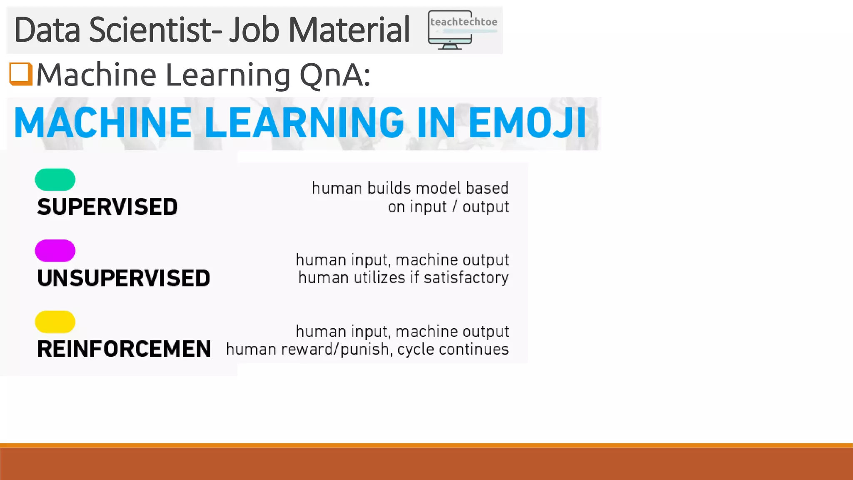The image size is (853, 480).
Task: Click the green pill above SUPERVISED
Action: (x=55, y=180)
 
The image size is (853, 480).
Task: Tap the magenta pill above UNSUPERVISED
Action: (x=55, y=251)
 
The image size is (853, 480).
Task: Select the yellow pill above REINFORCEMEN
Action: (x=55, y=322)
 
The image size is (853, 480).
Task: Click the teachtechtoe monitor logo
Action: (x=462, y=30)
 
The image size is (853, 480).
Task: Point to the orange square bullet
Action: (x=21, y=74)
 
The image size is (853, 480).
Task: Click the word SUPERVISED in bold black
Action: (x=107, y=207)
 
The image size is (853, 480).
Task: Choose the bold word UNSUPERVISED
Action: (x=124, y=278)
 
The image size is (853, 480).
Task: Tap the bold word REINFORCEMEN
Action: (x=124, y=349)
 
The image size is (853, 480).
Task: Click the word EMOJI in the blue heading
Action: (x=527, y=122)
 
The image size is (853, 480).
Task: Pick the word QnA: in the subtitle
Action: (x=335, y=75)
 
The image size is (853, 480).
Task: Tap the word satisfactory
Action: (x=466, y=278)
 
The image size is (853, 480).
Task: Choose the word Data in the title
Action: (x=47, y=30)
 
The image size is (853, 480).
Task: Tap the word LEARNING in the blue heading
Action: (x=304, y=122)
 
